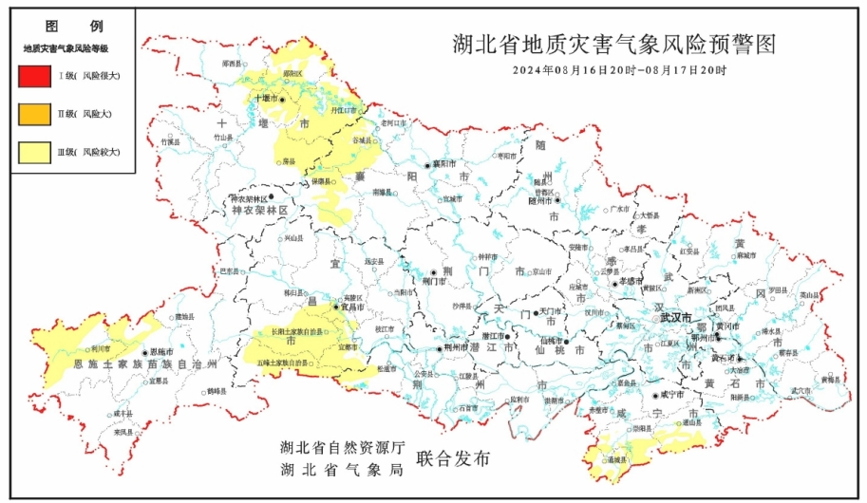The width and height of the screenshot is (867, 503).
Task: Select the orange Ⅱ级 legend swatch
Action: [34, 113]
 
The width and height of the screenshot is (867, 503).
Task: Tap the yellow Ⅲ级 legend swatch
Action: [34, 151]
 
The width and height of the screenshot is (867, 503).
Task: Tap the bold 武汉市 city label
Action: [675, 316]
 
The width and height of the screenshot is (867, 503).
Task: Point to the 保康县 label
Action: [320, 180]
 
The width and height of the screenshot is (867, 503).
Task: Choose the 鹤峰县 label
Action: [216, 391]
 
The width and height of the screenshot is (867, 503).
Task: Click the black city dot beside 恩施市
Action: [144, 351]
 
